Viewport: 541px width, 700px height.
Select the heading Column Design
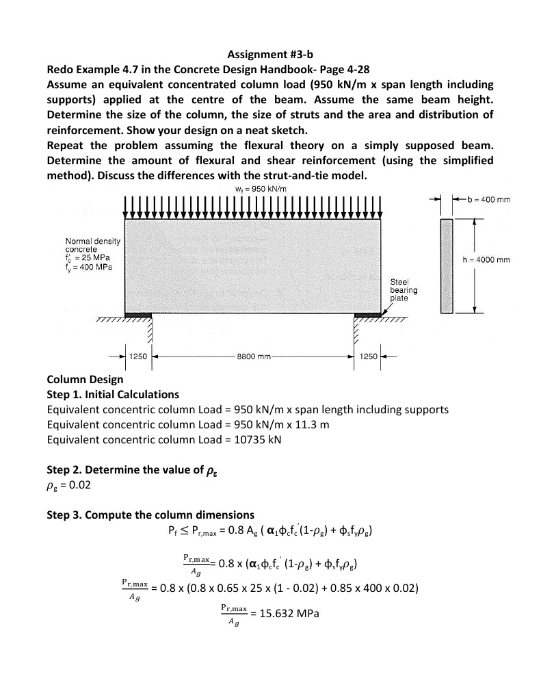pos(85,379)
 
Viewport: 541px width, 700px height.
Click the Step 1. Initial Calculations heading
pos(113,394)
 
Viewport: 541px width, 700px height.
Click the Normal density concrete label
pos(92,245)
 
